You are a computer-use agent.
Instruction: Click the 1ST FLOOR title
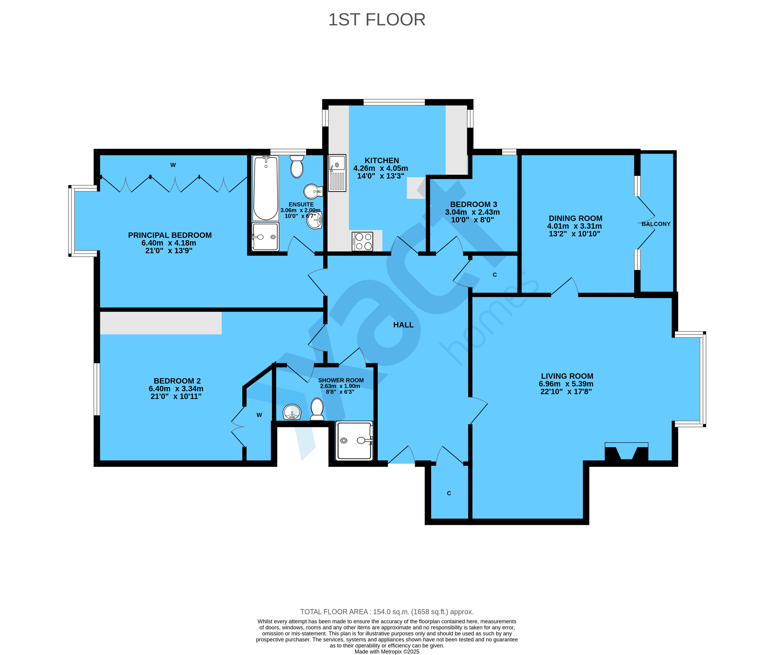(377, 20)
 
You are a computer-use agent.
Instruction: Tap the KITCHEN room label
(381, 160)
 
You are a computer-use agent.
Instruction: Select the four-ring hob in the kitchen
(362, 241)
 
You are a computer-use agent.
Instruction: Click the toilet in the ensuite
(297, 166)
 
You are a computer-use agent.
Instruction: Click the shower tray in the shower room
(354, 440)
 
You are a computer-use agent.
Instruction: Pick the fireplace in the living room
(626, 452)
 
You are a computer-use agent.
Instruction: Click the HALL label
(403, 325)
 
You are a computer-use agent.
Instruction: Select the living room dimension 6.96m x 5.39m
(566, 384)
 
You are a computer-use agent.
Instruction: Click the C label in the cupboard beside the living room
(449, 493)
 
